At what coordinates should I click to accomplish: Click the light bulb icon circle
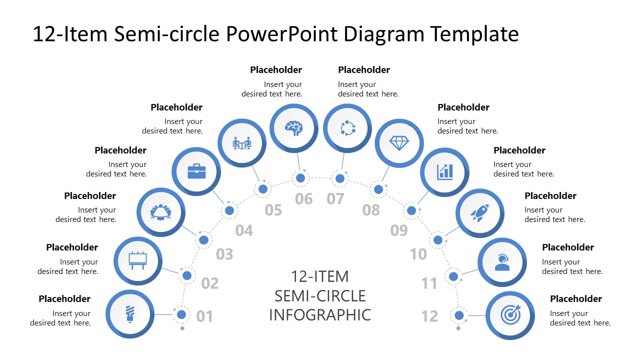click(x=130, y=314)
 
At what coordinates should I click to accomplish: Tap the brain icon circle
click(x=294, y=127)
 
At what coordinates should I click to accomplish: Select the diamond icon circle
click(x=399, y=143)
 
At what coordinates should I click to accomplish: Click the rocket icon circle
click(x=479, y=213)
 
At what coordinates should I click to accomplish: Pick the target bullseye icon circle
click(x=510, y=315)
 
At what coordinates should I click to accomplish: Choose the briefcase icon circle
click(x=196, y=171)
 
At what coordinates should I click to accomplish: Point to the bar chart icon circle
click(x=444, y=171)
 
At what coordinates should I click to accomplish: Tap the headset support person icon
click(x=502, y=262)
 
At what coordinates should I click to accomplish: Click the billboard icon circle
click(x=138, y=260)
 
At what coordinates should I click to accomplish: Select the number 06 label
click(x=303, y=199)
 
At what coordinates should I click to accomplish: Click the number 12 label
click(x=429, y=316)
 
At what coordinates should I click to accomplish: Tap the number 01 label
click(x=204, y=316)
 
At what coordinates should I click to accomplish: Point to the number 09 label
click(x=399, y=230)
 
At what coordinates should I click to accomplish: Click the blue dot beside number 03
click(x=203, y=240)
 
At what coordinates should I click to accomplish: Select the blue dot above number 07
click(x=340, y=178)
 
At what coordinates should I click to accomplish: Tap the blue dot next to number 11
click(x=453, y=276)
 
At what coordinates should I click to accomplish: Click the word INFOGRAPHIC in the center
click(x=320, y=315)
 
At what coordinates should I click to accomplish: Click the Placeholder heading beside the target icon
click(x=575, y=299)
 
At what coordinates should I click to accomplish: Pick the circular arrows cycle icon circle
click(x=347, y=128)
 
